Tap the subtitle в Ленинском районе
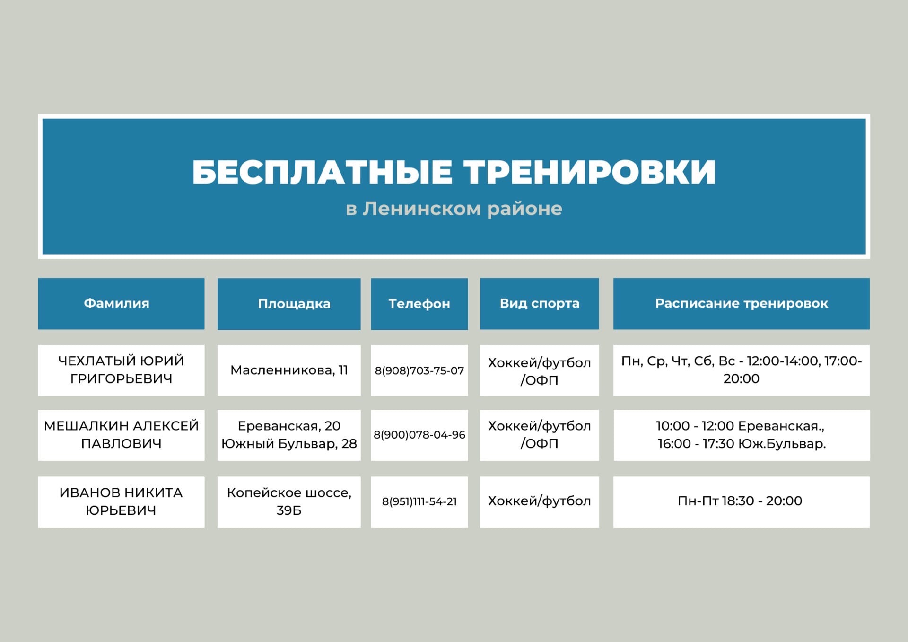[x=454, y=209]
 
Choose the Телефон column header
[x=419, y=304]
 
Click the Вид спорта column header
[x=540, y=304]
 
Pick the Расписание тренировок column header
[x=742, y=304]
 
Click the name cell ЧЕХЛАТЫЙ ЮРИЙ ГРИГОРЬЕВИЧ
[x=121, y=370]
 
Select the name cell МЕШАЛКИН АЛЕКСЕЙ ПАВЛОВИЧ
[x=121, y=435]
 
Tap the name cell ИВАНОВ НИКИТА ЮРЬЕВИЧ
[x=121, y=501]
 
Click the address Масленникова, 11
[x=289, y=370]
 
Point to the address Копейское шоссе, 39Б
[x=289, y=501]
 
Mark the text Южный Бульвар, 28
[x=289, y=444]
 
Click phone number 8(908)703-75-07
[x=419, y=371]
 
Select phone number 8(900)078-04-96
[x=419, y=435]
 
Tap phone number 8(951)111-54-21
[x=419, y=501]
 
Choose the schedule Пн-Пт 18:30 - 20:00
[x=740, y=501]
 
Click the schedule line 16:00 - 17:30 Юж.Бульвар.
[x=742, y=444]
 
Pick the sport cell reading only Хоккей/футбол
[x=540, y=501]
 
